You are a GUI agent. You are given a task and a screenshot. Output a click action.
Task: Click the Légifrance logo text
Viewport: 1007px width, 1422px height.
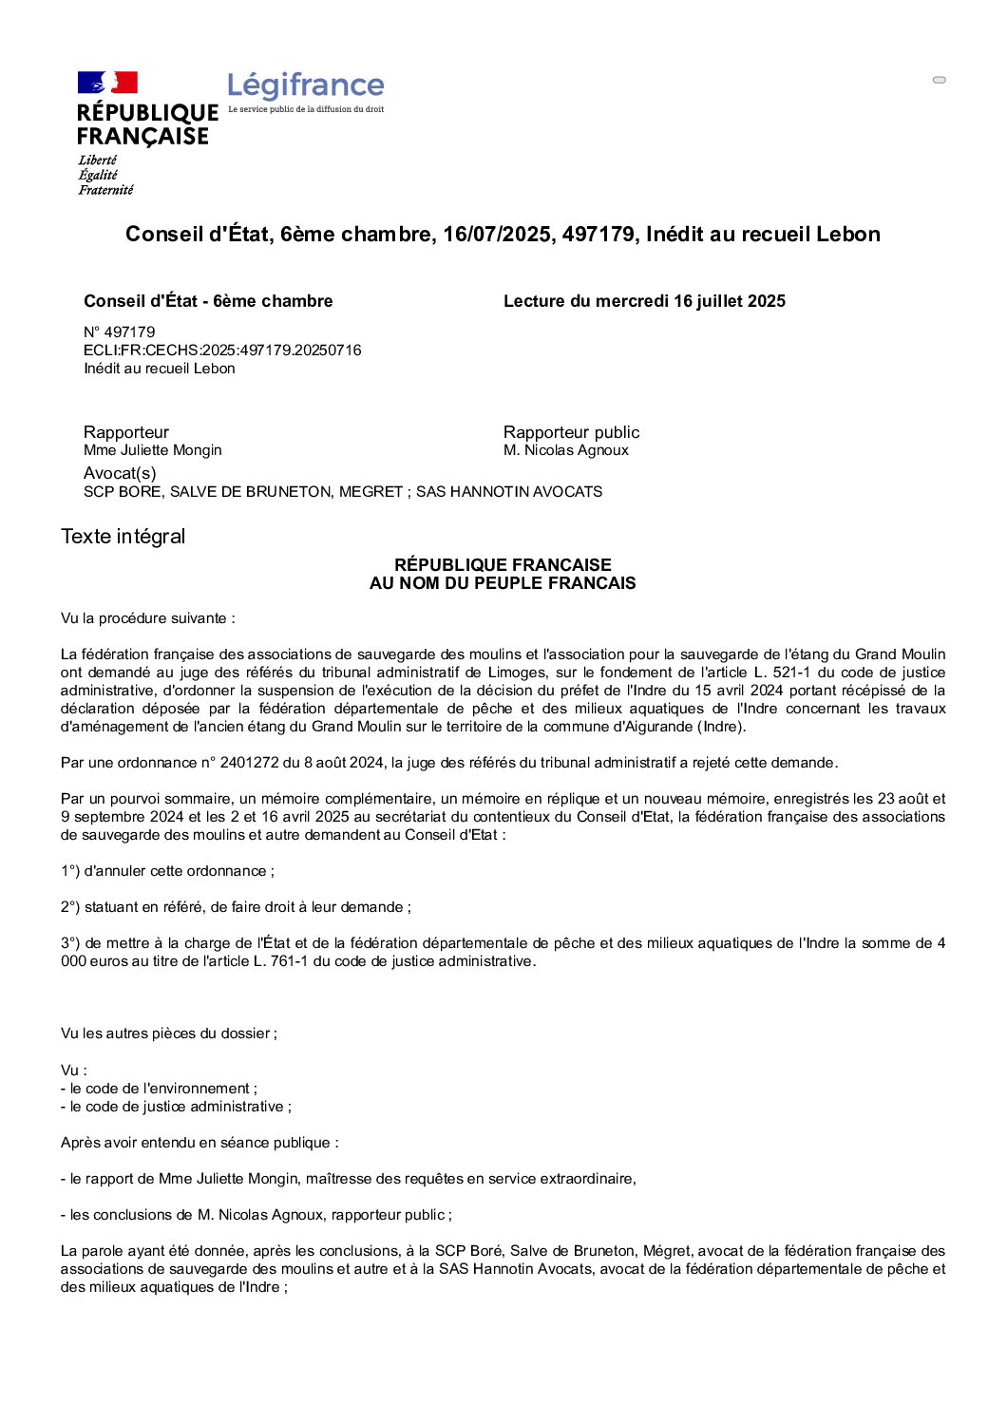click(x=306, y=85)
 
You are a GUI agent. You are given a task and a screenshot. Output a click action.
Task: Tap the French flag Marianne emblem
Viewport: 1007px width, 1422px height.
click(x=107, y=83)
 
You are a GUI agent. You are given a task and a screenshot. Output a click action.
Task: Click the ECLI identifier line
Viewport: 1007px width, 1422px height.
click(x=222, y=351)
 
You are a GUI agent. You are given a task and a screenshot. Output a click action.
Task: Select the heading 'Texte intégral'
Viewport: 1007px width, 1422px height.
click(x=123, y=537)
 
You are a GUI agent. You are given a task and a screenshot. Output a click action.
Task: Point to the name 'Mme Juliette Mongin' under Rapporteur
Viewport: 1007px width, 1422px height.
click(x=153, y=450)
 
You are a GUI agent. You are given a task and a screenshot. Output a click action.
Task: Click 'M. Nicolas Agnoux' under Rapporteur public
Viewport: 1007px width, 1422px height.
click(x=566, y=450)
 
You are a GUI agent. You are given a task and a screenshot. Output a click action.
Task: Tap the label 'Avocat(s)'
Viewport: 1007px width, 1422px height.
click(x=120, y=473)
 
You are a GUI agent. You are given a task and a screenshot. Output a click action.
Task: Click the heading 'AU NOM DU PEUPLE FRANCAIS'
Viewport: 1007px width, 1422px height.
click(x=503, y=583)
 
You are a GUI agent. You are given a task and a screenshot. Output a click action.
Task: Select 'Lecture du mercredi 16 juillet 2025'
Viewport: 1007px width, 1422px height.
click(x=644, y=301)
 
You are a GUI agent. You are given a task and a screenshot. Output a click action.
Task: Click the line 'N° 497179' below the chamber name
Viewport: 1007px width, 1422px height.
click(x=120, y=332)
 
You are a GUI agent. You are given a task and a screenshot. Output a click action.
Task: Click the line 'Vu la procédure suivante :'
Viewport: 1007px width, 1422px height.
click(x=148, y=618)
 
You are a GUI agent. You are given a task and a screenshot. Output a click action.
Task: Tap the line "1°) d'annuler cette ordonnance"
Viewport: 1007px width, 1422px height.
click(x=167, y=871)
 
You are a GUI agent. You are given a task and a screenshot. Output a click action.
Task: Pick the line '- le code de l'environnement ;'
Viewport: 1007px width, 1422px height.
click(x=159, y=1089)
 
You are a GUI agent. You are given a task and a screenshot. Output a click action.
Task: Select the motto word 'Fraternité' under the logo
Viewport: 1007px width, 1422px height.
click(x=105, y=190)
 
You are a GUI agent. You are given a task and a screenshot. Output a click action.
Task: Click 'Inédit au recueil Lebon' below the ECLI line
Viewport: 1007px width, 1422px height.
click(x=160, y=369)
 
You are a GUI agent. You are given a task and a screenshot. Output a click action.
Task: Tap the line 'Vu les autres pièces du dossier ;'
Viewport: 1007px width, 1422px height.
click(x=169, y=1033)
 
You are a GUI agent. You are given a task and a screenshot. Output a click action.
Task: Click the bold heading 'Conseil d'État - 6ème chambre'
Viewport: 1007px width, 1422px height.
click(x=208, y=301)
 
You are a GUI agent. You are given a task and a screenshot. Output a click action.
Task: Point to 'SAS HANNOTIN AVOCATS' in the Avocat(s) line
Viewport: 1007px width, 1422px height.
click(x=509, y=492)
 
